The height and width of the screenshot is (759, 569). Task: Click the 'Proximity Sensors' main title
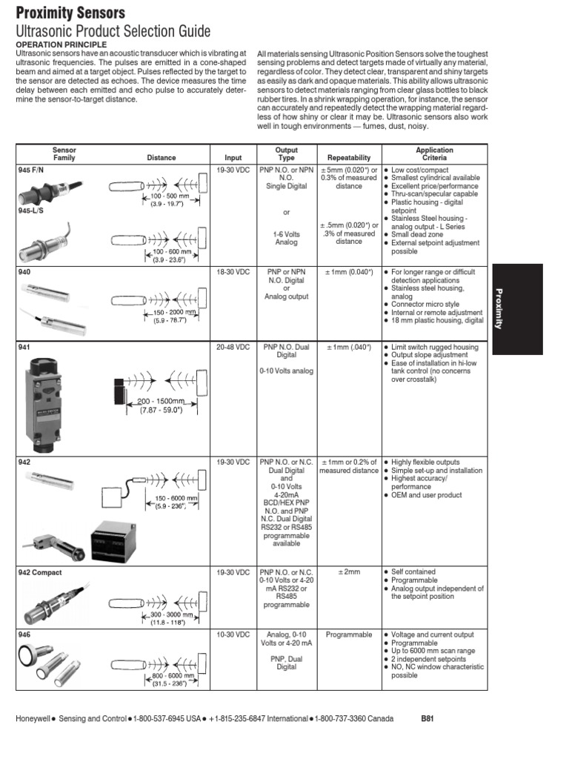point(70,13)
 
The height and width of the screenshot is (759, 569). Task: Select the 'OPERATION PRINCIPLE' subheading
point(56,44)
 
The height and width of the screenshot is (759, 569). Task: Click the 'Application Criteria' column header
point(434,153)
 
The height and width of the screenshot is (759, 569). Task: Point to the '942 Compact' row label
point(39,573)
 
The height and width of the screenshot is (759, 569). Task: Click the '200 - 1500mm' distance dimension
point(160,401)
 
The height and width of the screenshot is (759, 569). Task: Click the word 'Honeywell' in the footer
point(35,719)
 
